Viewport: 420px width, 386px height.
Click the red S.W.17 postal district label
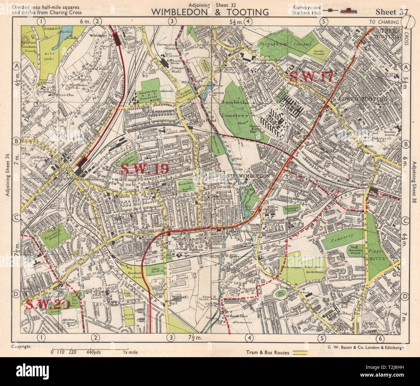[311, 76]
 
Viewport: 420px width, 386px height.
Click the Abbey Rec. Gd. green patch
[155, 270]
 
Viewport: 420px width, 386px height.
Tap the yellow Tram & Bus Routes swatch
[300, 353]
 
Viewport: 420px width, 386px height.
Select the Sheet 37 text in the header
[392, 12]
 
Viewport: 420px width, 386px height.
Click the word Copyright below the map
[21, 346]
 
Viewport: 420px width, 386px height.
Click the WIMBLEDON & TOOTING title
[210, 12]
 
